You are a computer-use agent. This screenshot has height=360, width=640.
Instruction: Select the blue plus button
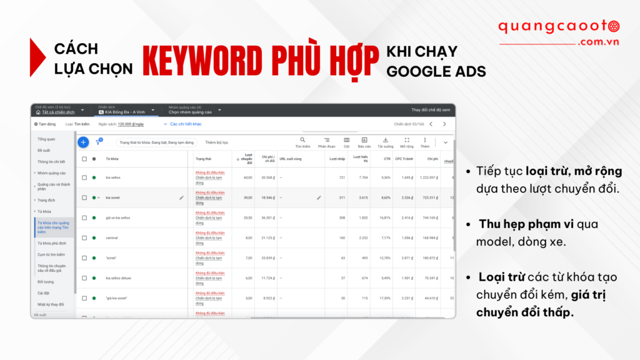point(83,142)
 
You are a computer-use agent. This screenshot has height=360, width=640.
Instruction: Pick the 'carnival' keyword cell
point(112,238)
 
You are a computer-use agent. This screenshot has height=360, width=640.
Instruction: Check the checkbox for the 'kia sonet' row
point(84,197)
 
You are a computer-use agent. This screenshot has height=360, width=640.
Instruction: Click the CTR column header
point(387,159)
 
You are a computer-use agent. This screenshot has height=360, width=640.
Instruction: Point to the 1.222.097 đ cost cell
point(429,177)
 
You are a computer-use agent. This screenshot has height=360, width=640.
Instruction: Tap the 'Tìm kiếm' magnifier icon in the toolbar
point(302,140)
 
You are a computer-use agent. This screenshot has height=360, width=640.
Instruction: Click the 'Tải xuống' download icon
point(385,140)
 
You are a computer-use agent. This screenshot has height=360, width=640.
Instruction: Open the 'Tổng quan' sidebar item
point(46,139)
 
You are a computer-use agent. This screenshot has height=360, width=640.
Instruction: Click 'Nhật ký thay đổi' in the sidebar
point(51,304)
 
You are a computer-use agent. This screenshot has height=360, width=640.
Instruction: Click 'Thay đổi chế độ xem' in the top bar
point(430,110)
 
